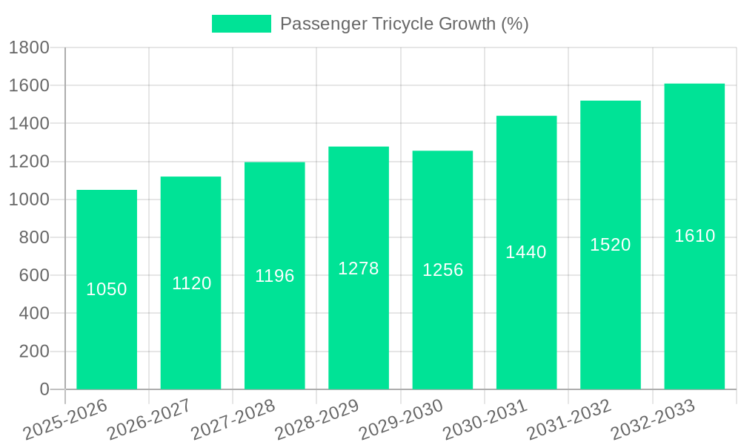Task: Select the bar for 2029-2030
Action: click(x=442, y=326)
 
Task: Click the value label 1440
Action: click(x=526, y=252)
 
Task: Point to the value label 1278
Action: click(x=359, y=268)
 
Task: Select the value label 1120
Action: click(x=192, y=283)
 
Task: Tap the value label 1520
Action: click(x=611, y=245)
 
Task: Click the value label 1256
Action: click(x=443, y=270)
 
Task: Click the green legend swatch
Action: click(x=242, y=24)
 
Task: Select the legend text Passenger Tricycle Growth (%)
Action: click(x=404, y=24)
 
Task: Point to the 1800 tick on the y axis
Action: click(x=29, y=48)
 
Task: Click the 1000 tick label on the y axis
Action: click(x=29, y=200)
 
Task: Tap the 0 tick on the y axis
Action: click(x=44, y=389)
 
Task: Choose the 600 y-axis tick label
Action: click(x=34, y=275)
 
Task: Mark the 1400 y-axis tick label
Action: click(x=29, y=124)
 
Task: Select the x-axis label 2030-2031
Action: click(x=485, y=420)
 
